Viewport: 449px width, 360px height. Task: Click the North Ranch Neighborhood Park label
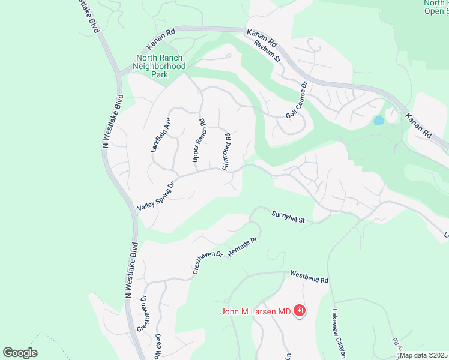pos(160,67)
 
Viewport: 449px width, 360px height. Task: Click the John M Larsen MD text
pos(255,311)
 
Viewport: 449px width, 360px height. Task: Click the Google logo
pos(20,353)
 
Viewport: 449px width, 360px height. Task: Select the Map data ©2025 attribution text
pos(424,355)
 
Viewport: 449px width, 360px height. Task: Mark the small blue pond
pos(379,120)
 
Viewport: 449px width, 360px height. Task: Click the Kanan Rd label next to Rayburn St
pos(264,37)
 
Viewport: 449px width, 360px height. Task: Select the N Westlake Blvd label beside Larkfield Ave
pos(112,121)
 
